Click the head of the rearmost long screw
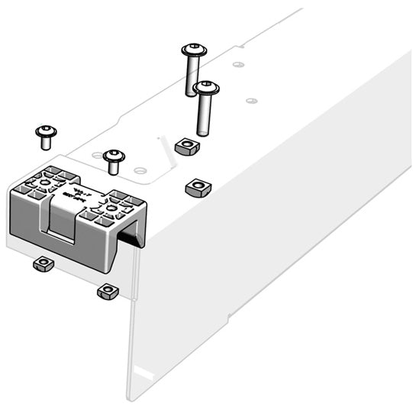pos(194,50)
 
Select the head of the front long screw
pos(206,88)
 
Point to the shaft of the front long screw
pos(205,115)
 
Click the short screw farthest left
pos(46,133)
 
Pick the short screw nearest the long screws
pos(114,156)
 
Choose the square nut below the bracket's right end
pos(107,292)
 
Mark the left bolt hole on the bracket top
pos(45,182)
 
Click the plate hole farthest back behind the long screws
pos(239,65)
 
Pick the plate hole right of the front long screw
pos(251,100)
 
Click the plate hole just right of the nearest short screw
pos(139,170)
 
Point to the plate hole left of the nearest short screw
pos(97,156)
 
